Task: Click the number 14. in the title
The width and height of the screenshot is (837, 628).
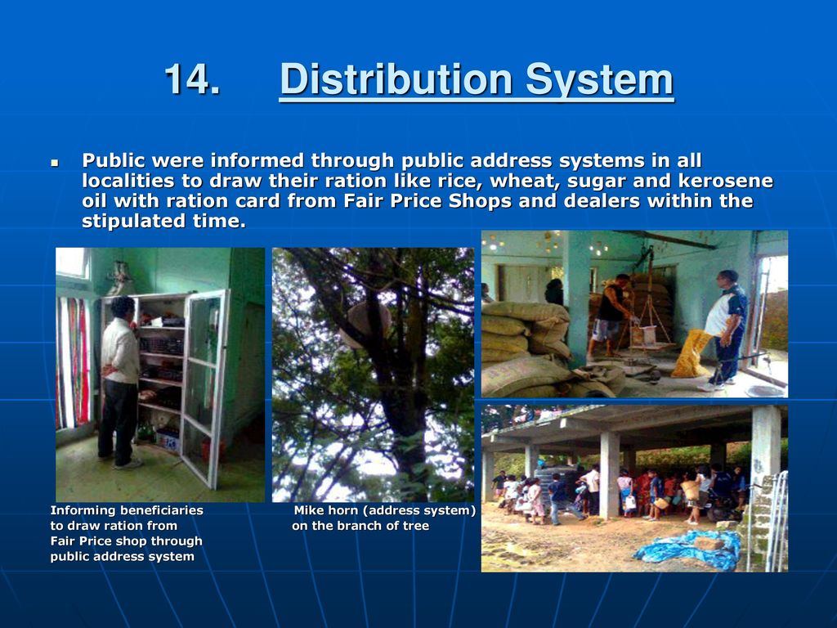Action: [x=191, y=79]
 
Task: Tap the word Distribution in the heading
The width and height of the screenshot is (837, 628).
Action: [x=396, y=79]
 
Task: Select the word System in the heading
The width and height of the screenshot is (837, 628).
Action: [x=599, y=80]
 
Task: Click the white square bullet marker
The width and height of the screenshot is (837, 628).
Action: [x=55, y=162]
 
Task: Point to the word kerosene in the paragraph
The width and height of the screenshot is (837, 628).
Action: [x=726, y=181]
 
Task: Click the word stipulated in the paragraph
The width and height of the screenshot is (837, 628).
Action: [x=134, y=221]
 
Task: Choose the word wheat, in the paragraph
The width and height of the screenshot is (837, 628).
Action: [x=524, y=181]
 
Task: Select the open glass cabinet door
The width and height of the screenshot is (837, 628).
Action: [x=205, y=387]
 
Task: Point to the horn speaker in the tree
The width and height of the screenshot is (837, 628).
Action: [x=364, y=324]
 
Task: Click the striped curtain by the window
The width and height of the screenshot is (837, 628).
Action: [x=73, y=362]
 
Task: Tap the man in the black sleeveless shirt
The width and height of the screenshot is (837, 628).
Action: [x=611, y=314]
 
